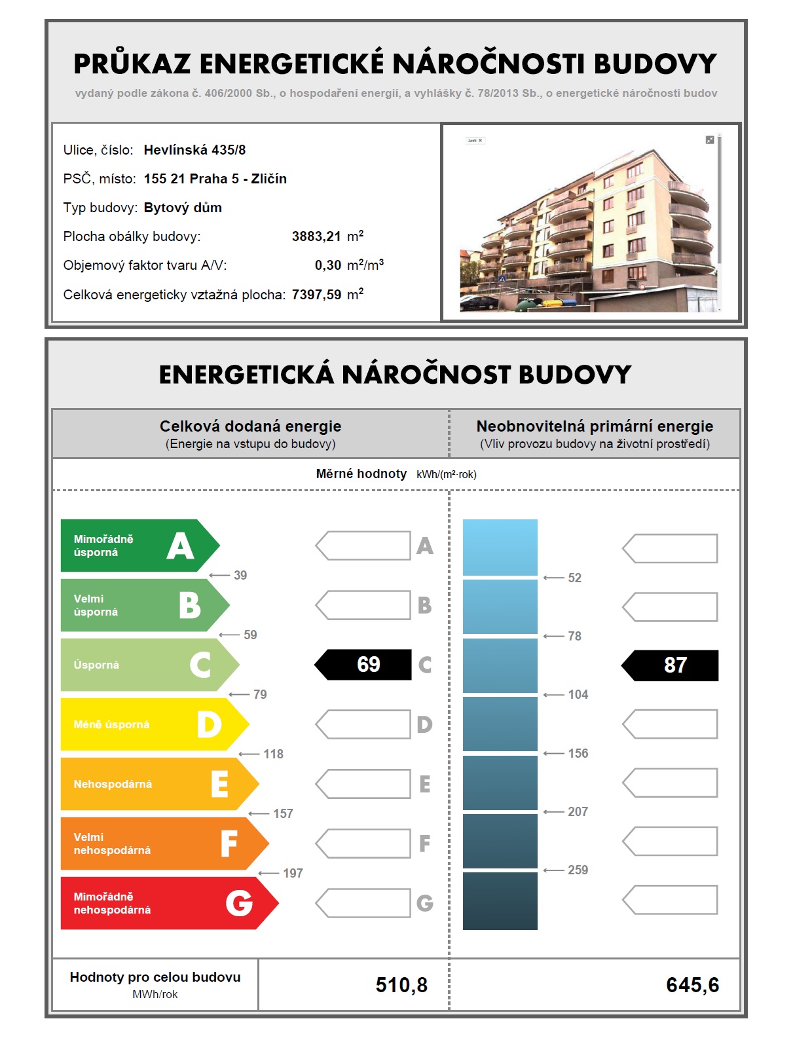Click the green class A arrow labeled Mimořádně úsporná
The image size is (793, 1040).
pyautogui.click(x=138, y=546)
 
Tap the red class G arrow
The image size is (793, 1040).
pyautogui.click(x=167, y=903)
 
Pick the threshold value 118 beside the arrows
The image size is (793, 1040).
pyautogui.click(x=273, y=754)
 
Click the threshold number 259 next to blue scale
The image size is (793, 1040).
pyautogui.click(x=578, y=870)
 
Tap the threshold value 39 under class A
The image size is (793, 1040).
pyautogui.click(x=240, y=575)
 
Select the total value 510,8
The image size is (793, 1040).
pyautogui.click(x=401, y=985)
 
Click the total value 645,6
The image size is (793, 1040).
pyautogui.click(x=692, y=985)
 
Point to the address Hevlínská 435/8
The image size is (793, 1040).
pyautogui.click(x=194, y=150)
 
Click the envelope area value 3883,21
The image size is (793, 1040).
pyautogui.click(x=316, y=236)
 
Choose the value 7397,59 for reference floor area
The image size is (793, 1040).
pyautogui.click(x=316, y=295)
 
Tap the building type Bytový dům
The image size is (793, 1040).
pyautogui.click(x=183, y=208)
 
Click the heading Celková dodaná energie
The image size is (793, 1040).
pyautogui.click(x=250, y=426)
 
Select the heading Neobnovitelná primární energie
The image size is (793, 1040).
pyautogui.click(x=595, y=426)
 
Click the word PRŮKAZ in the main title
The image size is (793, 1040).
pyautogui.click(x=132, y=64)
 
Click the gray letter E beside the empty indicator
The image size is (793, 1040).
pyautogui.click(x=424, y=784)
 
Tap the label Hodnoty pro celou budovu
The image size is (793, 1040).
pyautogui.click(x=155, y=977)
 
